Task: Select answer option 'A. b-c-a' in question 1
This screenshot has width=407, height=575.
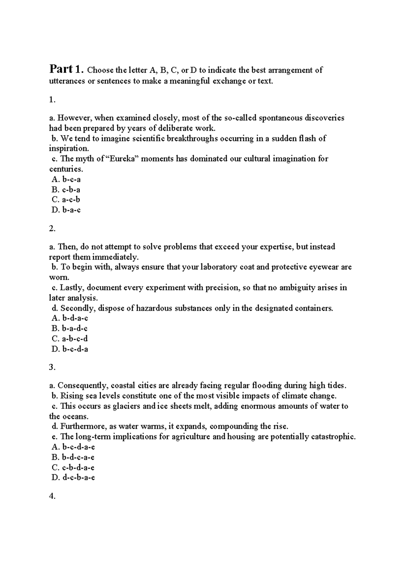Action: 66,179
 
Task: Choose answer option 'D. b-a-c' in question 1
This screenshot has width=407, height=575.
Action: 66,210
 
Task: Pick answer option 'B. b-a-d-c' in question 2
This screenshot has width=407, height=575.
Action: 70,329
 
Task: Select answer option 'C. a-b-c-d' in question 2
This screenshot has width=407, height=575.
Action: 70,339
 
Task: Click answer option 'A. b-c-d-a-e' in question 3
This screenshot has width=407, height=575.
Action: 73,447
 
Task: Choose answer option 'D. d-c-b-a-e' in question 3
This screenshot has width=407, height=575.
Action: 73,478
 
